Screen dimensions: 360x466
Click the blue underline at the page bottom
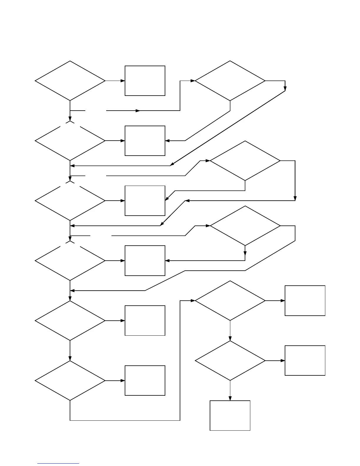58,464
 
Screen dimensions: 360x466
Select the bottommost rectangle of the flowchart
230,415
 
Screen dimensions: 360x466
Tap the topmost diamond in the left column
70,81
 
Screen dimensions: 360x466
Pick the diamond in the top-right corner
230,81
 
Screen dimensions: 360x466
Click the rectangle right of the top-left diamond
145,81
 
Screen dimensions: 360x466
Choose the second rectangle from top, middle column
145,141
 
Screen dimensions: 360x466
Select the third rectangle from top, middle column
145,201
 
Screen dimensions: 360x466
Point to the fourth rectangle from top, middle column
145,261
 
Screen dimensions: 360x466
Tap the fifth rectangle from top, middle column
145,321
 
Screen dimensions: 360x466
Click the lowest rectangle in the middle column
145,381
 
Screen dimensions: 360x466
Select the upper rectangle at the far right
305,301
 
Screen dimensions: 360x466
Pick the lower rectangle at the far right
305,361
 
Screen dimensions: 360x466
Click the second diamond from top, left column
70,141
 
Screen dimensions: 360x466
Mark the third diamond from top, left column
70,201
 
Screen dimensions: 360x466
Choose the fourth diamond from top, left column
70,261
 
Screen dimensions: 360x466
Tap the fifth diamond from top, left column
70,321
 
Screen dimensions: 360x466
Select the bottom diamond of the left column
70,381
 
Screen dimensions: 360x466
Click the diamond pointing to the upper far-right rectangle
230,301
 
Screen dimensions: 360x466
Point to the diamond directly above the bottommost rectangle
230,361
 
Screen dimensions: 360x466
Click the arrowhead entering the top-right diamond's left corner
193,81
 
